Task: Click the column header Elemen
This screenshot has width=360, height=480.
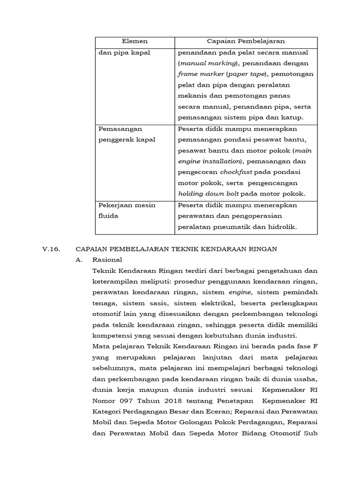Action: click(x=135, y=42)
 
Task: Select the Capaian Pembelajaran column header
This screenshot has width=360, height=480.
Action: click(x=246, y=42)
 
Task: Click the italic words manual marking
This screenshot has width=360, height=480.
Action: click(x=208, y=63)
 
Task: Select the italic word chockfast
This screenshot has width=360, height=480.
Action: click(x=236, y=172)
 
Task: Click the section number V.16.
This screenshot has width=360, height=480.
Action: click(x=51, y=249)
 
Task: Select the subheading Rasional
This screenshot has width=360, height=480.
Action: click(x=107, y=260)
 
